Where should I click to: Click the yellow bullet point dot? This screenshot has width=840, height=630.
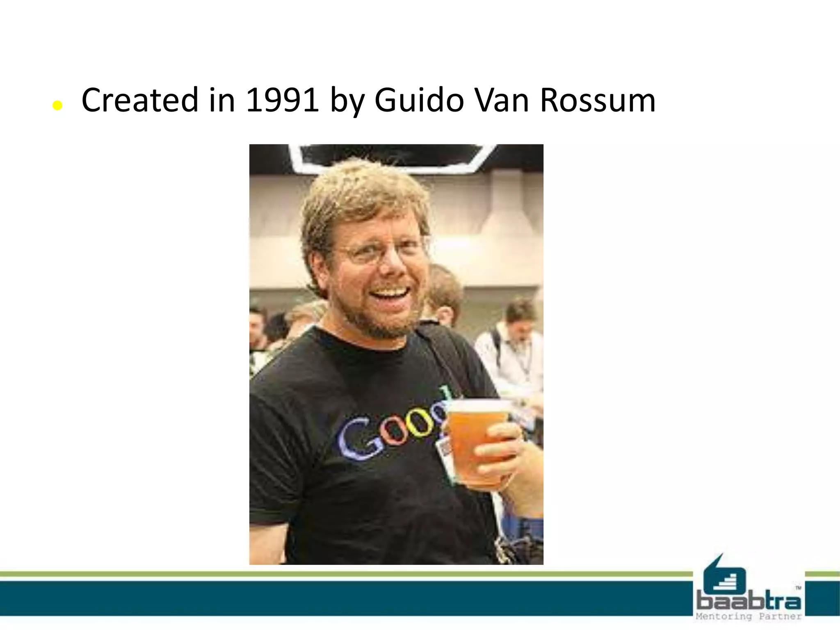coord(57,106)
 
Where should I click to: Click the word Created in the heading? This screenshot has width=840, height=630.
coord(140,100)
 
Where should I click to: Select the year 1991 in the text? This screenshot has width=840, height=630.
coord(282,100)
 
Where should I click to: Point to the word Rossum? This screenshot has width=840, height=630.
coord(598,100)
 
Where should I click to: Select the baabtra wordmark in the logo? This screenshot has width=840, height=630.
coord(749,602)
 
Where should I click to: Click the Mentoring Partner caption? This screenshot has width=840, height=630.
coord(749,616)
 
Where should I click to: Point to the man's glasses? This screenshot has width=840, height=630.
coord(381,250)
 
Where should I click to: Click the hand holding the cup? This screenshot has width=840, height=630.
coord(502,451)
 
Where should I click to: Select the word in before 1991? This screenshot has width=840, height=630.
coord(222,100)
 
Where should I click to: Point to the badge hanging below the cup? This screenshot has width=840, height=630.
coord(445,451)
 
